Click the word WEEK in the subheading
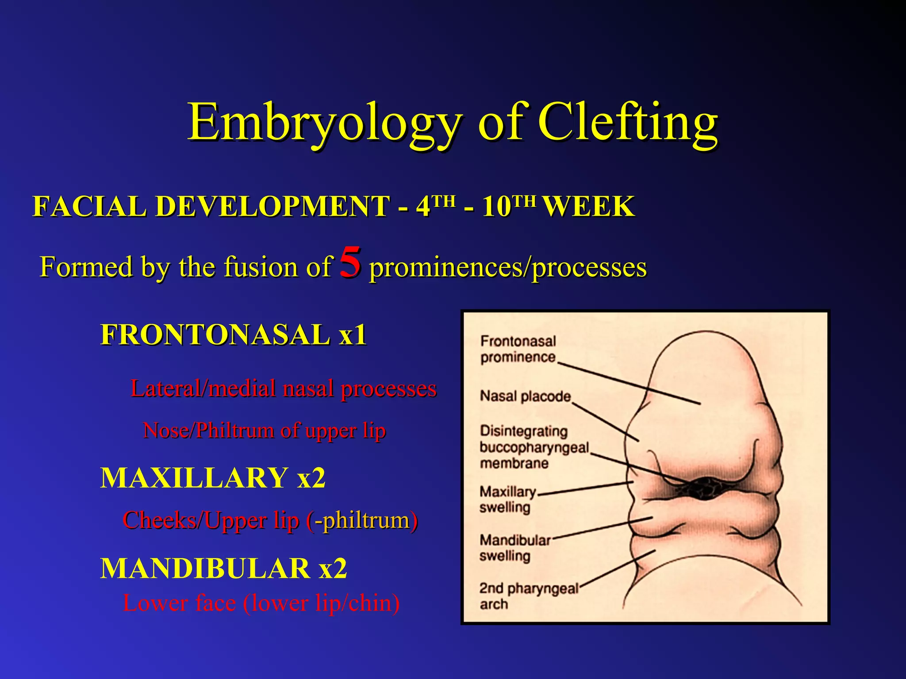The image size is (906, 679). coord(588,206)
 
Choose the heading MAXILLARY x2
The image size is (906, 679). coord(213,478)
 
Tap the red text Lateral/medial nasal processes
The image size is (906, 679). coord(284,389)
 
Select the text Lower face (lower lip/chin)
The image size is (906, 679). coord(261,603)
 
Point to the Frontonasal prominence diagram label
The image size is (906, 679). coord(518,349)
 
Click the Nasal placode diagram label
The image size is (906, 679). coord(525,396)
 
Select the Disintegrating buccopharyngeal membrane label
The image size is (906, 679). coord(534,447)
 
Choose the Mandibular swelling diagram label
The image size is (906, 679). coord(514,548)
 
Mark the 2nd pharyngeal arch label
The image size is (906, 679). coord(528,596)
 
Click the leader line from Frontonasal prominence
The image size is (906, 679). coord(628,383)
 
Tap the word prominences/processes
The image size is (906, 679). coord(508,267)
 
